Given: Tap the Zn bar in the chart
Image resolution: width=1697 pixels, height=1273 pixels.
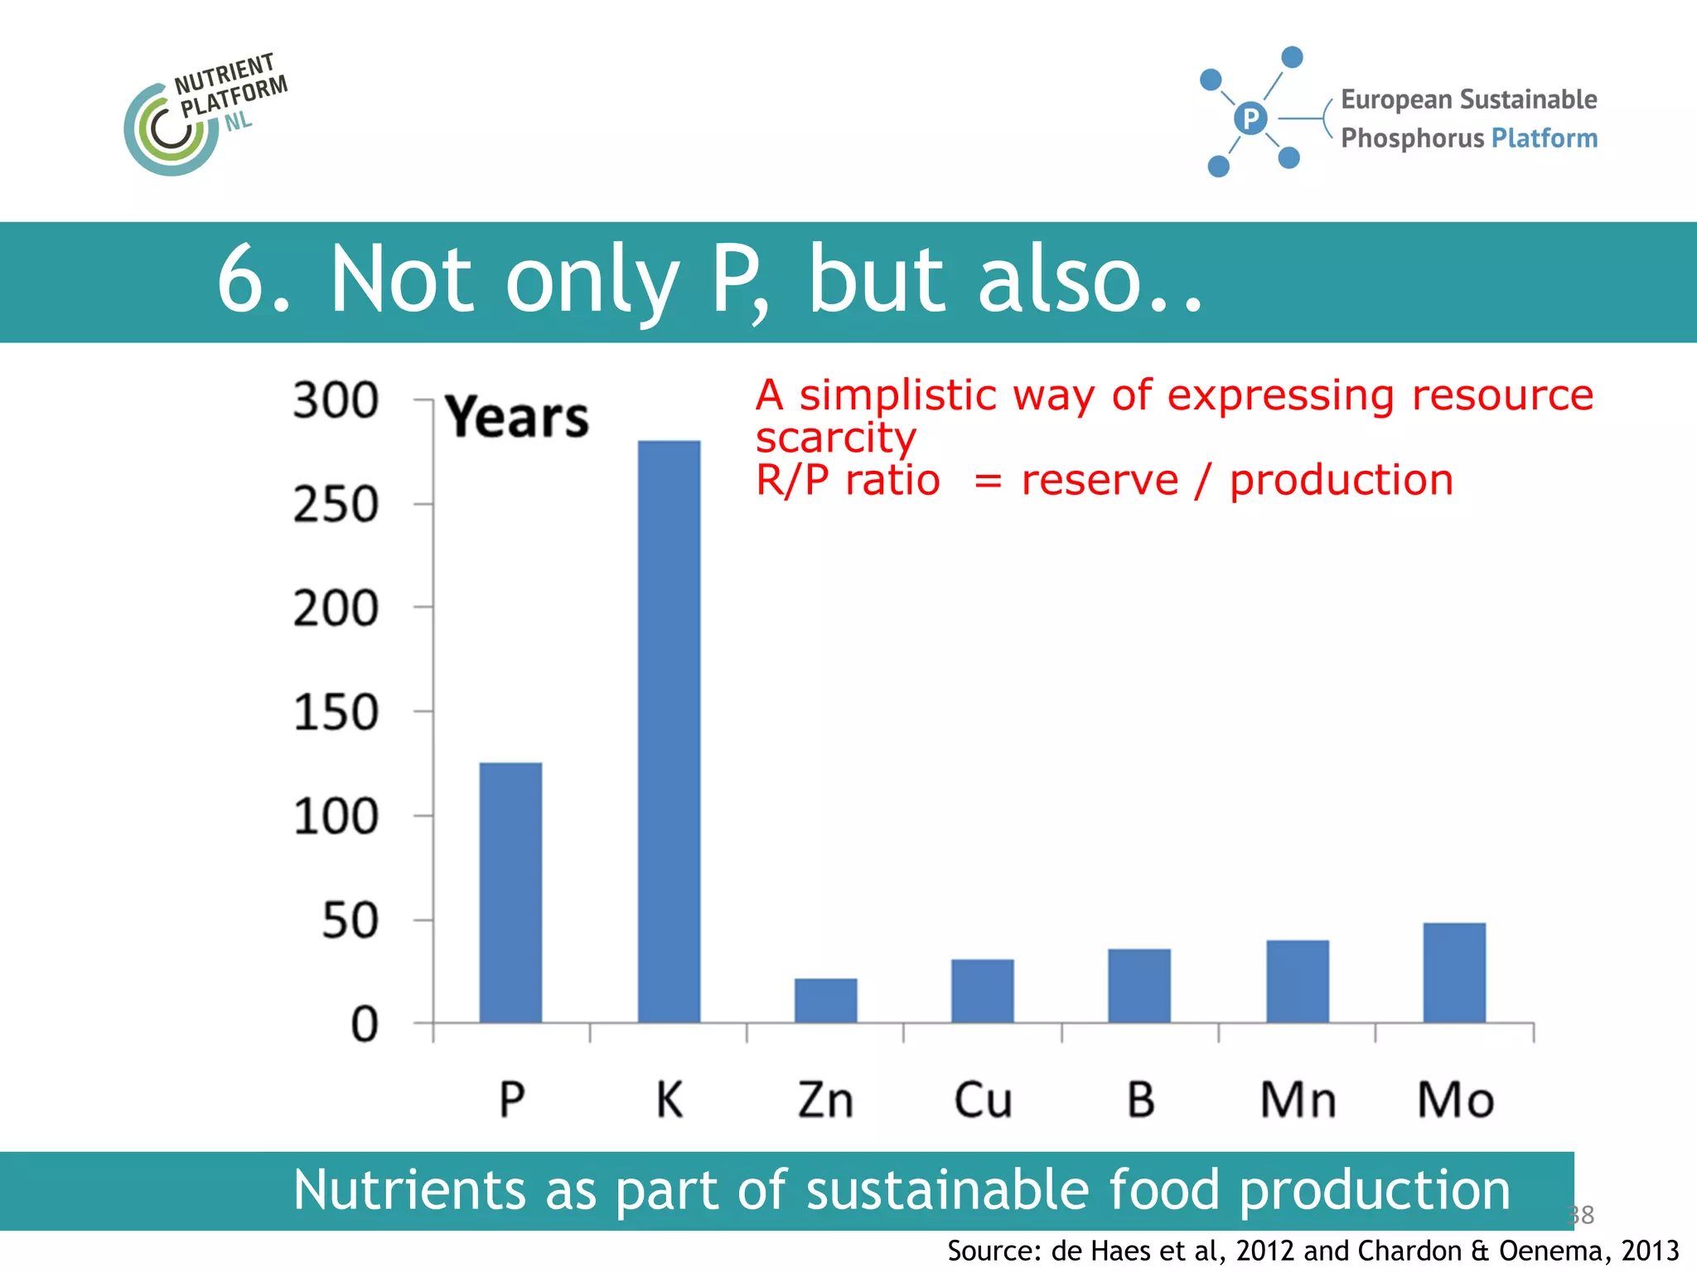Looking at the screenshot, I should click(825, 1000).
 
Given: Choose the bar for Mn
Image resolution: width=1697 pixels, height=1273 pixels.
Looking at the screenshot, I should click(1298, 981).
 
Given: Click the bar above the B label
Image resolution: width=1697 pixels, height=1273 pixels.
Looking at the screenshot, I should click(1139, 985).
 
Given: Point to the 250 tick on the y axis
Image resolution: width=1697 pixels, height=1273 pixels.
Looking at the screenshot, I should click(336, 505).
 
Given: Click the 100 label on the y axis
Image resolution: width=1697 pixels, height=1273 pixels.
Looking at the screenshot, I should click(336, 817).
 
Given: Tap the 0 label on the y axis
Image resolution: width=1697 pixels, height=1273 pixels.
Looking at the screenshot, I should click(365, 1025).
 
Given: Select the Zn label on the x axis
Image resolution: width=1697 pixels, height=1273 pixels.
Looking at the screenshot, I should click(825, 1100).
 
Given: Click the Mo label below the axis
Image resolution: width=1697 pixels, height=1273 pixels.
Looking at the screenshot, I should click(1455, 1100).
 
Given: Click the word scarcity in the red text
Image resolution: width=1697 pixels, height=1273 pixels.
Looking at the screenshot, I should click(835, 438).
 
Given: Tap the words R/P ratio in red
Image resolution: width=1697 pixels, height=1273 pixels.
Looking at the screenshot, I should click(848, 481).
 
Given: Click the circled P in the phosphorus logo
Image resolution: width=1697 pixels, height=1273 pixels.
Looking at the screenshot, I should click(1250, 119).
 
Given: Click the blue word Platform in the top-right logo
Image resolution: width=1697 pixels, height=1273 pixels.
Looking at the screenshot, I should click(1544, 138).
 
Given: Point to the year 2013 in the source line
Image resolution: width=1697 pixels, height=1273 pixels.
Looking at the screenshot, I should click(1649, 1250).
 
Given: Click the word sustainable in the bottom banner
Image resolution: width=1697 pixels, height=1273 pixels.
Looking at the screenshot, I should click(947, 1190).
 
